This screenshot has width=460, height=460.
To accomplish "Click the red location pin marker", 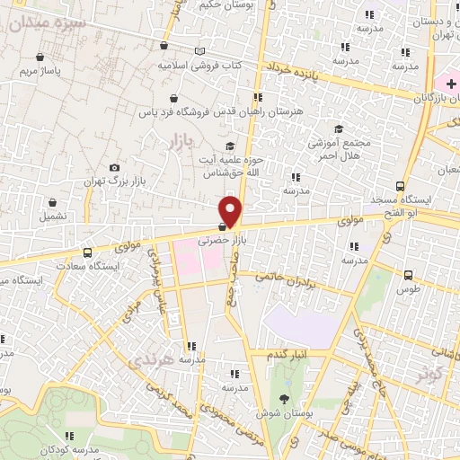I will (231, 212).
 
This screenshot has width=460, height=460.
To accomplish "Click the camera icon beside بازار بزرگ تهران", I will (113, 168).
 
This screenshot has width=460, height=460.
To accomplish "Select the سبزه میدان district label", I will (56, 23).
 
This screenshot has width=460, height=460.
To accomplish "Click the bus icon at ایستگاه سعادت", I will (87, 253).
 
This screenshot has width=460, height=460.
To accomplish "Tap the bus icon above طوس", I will (409, 275).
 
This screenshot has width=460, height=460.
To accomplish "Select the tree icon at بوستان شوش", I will (285, 399).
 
